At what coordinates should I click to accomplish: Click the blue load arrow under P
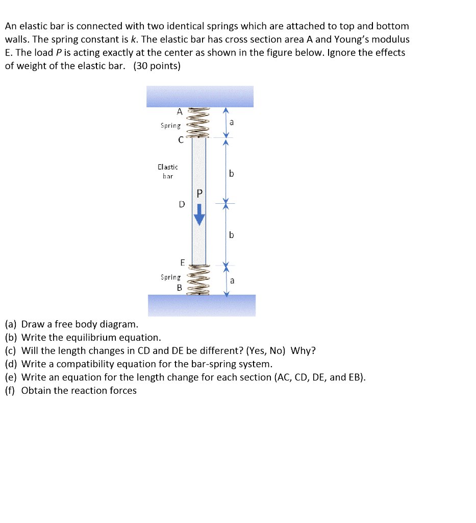199,215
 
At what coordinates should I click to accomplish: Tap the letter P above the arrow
199,193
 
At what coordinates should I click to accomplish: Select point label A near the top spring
179,111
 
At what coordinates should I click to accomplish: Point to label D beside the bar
182,204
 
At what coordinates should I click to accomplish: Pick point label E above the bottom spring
182,263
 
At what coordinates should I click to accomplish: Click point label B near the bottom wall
179,288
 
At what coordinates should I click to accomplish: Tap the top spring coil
198,123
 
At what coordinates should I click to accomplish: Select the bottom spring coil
199,280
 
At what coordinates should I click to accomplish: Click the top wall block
199,96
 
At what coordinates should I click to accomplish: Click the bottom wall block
202,305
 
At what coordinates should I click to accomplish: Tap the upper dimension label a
232,122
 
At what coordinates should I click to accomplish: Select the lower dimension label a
232,280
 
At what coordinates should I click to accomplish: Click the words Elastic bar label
168,171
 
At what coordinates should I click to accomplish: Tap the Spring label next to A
170,125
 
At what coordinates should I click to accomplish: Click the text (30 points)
157,66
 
